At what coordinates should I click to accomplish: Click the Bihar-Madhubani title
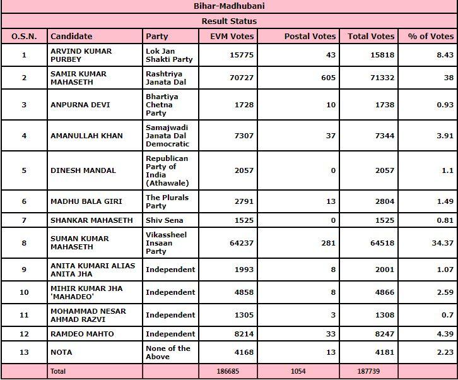[229, 6]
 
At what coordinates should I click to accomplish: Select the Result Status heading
[229, 21]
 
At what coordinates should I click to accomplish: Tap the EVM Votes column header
[232, 37]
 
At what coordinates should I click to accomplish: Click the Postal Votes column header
[310, 37]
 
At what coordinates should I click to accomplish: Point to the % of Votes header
[432, 37]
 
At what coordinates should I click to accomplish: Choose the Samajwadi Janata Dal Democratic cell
[167, 136]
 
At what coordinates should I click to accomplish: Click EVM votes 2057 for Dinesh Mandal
[244, 170]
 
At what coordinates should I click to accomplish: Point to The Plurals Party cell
[167, 201]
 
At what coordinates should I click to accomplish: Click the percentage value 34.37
[441, 243]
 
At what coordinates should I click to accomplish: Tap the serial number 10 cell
[24, 292]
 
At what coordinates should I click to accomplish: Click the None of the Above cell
[168, 352]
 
